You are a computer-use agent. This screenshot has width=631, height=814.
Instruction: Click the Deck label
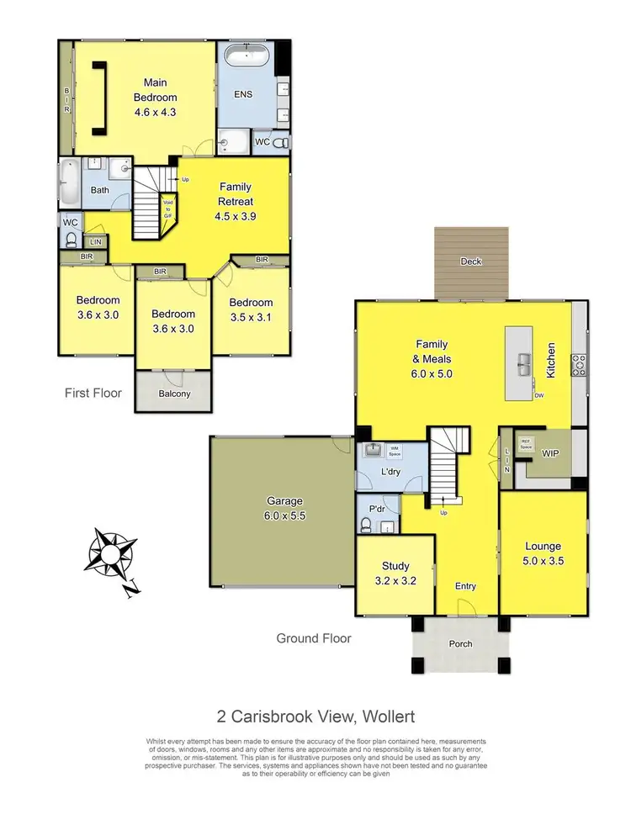point(471,262)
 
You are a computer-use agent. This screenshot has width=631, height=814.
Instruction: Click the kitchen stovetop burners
point(579,363)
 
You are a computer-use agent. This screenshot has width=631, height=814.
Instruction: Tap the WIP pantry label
point(551,454)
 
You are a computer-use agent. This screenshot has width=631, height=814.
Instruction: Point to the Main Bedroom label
point(155,97)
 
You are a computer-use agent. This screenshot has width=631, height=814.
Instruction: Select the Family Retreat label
point(236,201)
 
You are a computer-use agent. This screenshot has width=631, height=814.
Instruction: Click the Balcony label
point(173,394)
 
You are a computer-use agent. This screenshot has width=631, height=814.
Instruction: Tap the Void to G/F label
point(167,209)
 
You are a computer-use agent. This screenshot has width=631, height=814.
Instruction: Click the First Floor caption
point(93,393)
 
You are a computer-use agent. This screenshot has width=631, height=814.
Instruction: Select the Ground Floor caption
point(314,638)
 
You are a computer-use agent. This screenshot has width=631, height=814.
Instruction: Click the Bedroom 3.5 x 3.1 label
point(251,310)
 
